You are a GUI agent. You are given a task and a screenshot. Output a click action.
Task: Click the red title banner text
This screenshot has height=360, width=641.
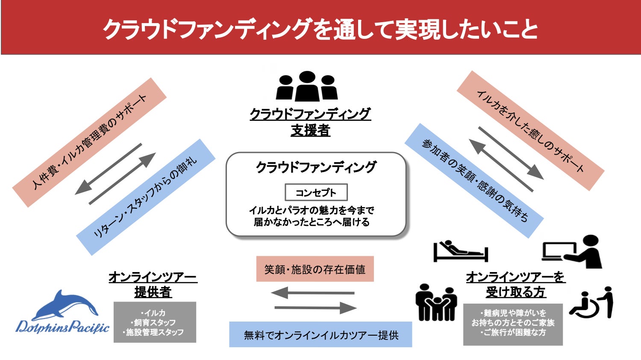(320, 29)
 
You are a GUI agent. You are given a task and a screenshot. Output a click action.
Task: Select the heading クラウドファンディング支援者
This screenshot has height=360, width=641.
(310, 122)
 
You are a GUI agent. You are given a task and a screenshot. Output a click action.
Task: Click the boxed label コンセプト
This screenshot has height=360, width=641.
(316, 193)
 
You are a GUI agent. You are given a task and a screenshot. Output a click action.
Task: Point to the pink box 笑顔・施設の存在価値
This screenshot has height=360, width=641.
(315, 269)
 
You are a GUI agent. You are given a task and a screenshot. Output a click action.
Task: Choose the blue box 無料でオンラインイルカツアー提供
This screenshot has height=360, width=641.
(320, 335)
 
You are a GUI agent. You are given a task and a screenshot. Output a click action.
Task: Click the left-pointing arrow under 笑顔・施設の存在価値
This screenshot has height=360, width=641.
(313, 293)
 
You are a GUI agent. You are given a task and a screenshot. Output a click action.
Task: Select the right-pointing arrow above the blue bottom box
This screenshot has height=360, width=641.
(315, 307)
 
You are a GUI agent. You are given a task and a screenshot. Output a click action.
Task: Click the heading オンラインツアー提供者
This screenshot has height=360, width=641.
(153, 284)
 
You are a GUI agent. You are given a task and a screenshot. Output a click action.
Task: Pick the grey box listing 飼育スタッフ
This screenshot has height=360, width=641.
(155, 322)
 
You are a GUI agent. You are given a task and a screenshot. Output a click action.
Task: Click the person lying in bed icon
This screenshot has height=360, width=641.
(460, 251)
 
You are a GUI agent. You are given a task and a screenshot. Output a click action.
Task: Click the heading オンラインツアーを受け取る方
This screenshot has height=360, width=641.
(515, 284)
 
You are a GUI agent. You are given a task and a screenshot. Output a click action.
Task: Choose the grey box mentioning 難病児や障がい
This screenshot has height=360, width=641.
(513, 324)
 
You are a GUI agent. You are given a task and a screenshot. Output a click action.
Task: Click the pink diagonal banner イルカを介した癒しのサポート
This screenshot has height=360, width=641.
(530, 131)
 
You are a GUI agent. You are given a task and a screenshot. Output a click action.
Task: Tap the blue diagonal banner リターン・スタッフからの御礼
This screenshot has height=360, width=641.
(145, 197)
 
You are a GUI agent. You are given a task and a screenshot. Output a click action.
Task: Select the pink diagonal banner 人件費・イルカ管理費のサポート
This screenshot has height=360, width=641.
(89, 142)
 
